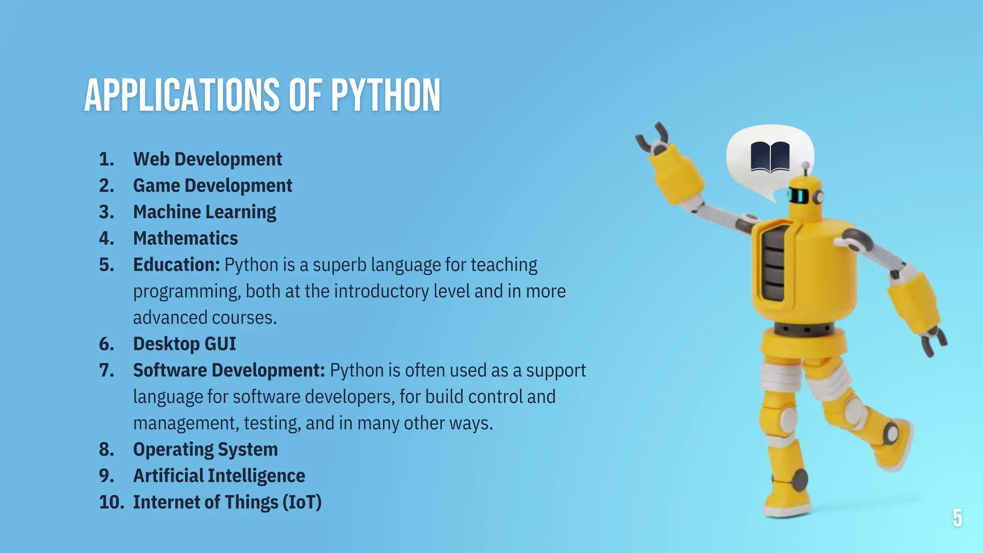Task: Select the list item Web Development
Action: coord(207,159)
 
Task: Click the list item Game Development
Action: coord(212,186)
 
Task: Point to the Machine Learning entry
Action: coord(204,212)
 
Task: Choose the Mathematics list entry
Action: coord(185,239)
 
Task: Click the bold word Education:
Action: coord(176,265)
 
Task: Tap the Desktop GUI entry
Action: coord(184,344)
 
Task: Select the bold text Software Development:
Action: coord(229,371)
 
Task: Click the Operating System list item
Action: coord(205,450)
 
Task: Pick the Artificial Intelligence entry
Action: coord(219,476)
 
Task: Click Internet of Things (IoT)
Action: coord(227,503)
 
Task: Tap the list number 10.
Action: coord(111,503)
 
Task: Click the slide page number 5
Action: coord(957,518)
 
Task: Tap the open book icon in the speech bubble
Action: coord(770,156)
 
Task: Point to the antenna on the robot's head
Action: coord(806,168)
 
